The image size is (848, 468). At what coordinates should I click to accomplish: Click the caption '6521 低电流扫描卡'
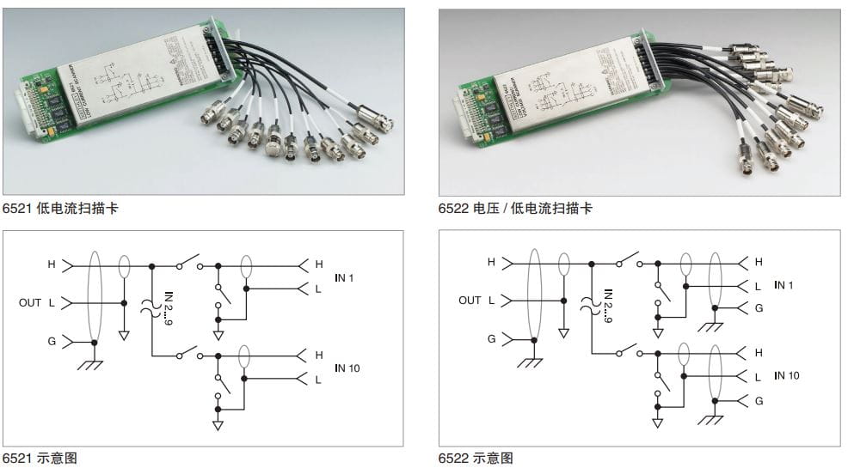click(60, 209)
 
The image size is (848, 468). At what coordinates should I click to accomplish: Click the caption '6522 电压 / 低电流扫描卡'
click(515, 209)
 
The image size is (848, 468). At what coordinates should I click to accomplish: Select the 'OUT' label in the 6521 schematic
click(30, 303)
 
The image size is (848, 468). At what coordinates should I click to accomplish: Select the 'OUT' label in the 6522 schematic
click(470, 301)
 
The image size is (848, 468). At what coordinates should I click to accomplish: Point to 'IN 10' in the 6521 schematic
click(347, 368)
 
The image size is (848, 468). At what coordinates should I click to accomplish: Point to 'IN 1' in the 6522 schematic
click(783, 285)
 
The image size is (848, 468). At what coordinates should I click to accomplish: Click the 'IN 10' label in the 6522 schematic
click(786, 375)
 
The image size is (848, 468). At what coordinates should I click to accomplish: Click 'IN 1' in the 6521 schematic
click(344, 278)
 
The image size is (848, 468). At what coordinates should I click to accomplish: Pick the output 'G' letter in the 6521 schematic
click(52, 342)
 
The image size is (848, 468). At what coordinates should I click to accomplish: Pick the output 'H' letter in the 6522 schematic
click(491, 262)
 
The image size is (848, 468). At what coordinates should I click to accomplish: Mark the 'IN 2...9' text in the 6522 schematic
click(607, 306)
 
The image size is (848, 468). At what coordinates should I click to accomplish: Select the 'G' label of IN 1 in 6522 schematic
click(758, 308)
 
